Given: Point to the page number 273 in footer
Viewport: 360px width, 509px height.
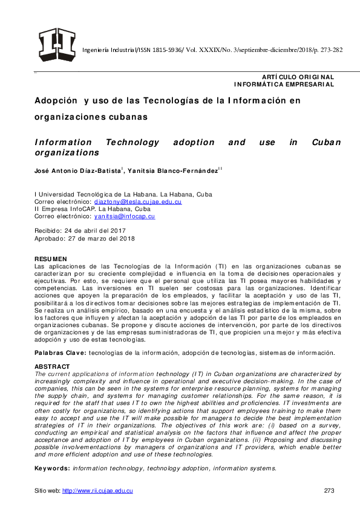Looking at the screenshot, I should point(329,490).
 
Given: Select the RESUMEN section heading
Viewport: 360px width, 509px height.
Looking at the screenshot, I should point(51,259).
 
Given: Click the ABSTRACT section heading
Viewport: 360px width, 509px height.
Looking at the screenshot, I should point(52,366).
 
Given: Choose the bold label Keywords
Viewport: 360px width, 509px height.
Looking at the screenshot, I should point(53,468).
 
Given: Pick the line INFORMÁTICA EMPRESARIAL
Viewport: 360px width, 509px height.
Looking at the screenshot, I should point(284,85).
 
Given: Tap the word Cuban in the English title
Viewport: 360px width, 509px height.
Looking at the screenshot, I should point(327,143).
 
